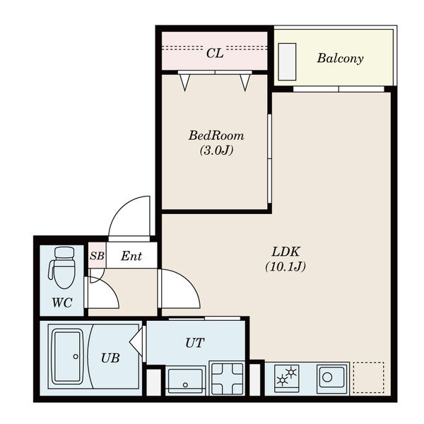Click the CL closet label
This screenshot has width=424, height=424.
point(215,53)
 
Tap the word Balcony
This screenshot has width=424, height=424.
point(340,59)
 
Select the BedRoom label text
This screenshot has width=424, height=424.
point(216,136)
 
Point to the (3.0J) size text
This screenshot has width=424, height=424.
point(216,151)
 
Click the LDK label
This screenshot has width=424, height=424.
point(285,252)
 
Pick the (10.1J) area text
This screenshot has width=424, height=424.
point(285,266)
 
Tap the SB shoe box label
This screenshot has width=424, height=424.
point(97,256)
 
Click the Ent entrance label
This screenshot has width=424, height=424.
point(131,256)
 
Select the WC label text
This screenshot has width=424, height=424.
point(62,302)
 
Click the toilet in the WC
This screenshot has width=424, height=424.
point(62,268)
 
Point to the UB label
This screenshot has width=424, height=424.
point(110,358)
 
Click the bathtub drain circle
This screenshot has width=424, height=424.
point(76,356)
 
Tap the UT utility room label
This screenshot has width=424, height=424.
point(195,343)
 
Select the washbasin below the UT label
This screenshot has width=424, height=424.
point(185,381)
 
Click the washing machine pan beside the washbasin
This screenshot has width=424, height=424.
point(227,378)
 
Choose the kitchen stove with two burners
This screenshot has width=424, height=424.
point(287,378)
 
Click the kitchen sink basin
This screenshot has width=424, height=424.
point(332,379)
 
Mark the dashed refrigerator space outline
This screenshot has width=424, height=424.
point(369,377)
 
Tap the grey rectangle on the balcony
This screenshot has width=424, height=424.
point(287,62)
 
